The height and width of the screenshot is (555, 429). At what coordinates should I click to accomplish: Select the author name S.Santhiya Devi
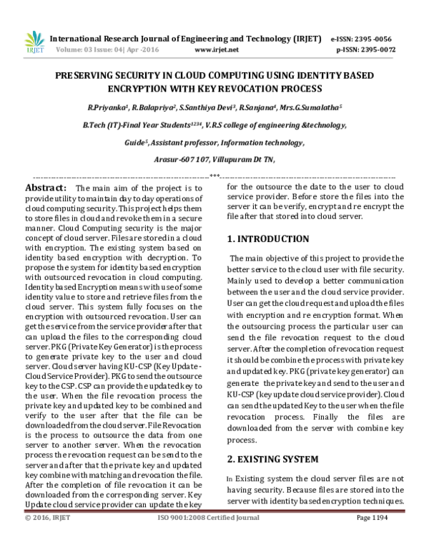pyautogui.click(x=207, y=109)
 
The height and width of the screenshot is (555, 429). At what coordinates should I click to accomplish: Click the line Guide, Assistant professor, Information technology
pyautogui.click(x=214, y=143)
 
